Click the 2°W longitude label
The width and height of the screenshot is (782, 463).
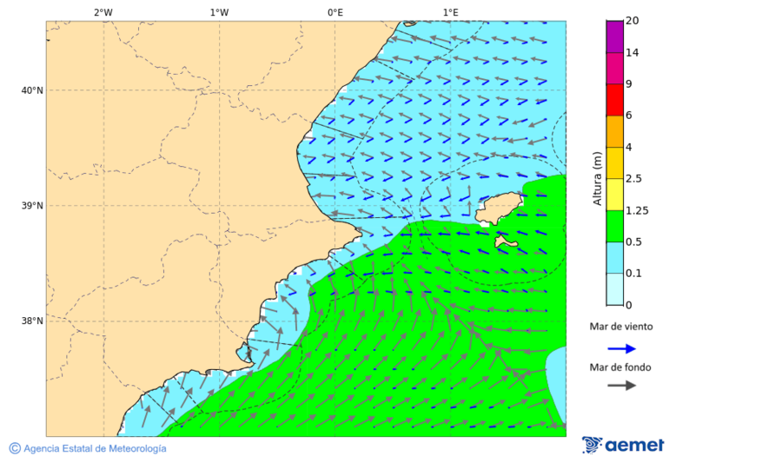103,12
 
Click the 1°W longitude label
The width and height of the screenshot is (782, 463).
219,12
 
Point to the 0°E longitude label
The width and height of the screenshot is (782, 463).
335,12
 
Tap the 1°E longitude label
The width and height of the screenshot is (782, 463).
450,12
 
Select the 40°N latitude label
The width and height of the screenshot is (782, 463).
32,90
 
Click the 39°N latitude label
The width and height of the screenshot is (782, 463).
32,206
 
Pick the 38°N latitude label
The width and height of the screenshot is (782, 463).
32,321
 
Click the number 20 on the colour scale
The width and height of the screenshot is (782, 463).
633,21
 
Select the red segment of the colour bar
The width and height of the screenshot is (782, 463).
614,99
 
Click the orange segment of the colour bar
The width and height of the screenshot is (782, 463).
614,131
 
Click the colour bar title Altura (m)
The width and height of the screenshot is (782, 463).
597,178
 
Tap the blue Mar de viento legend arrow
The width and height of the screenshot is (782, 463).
621,348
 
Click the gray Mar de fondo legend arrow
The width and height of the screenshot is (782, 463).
621,386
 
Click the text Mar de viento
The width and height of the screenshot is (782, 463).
620,327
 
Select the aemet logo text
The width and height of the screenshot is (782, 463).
634,446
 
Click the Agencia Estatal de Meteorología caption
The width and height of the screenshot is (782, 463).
95,449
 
